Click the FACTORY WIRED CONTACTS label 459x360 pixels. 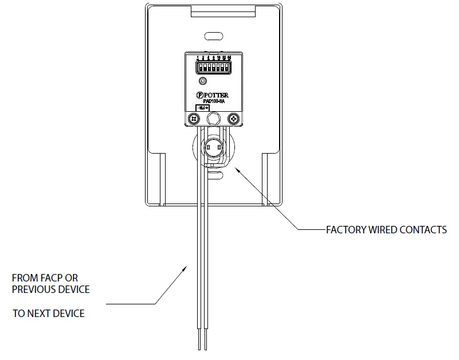coord(386,230)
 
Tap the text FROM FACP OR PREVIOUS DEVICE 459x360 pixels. coord(51,284)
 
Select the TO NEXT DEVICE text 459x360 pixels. coord(49,314)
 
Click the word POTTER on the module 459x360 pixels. coord(217,95)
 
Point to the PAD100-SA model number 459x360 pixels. coord(213,101)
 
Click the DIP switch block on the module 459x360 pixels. coord(213,68)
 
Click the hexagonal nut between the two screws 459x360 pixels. coord(214,118)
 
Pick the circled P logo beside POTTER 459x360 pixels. coord(199,95)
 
